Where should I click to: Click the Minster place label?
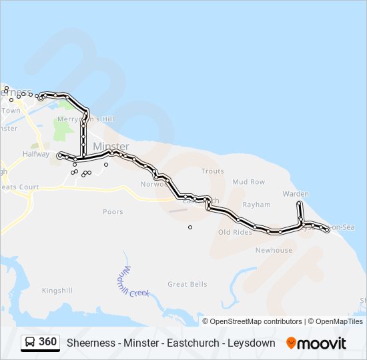(x=111, y=147)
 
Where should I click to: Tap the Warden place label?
(x=296, y=194)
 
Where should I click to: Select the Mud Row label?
(x=248, y=182)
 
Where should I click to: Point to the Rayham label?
(x=256, y=205)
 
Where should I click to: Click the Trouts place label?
(x=212, y=171)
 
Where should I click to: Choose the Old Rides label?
(x=235, y=232)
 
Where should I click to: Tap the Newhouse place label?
(x=274, y=250)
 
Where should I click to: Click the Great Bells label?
(x=188, y=284)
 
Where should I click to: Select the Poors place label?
(x=113, y=212)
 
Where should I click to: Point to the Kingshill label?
(x=57, y=291)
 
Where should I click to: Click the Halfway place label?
(x=36, y=154)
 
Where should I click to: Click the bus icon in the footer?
(x=30, y=343)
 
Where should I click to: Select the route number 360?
(x=47, y=343)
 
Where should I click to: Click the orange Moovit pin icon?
(x=291, y=343)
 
